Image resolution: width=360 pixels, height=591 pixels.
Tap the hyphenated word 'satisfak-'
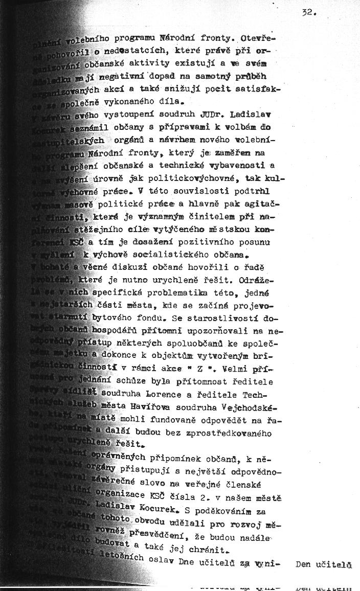click(259, 88)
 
